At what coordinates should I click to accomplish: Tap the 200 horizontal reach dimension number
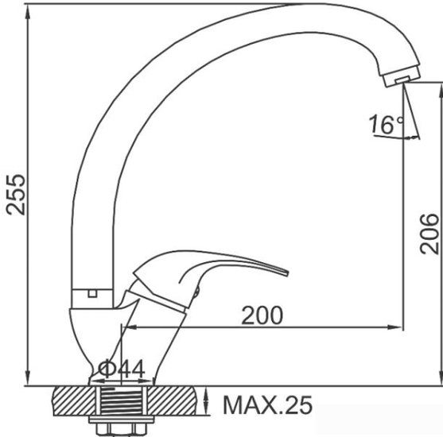click(x=262, y=315)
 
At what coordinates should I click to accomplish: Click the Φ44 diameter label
click(x=122, y=369)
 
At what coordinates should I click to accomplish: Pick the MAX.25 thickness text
click(x=267, y=406)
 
